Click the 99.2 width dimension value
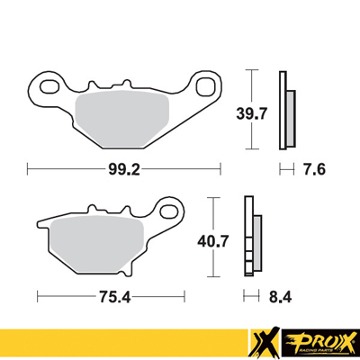123,167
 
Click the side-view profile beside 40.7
251,238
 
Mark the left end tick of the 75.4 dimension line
35,293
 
